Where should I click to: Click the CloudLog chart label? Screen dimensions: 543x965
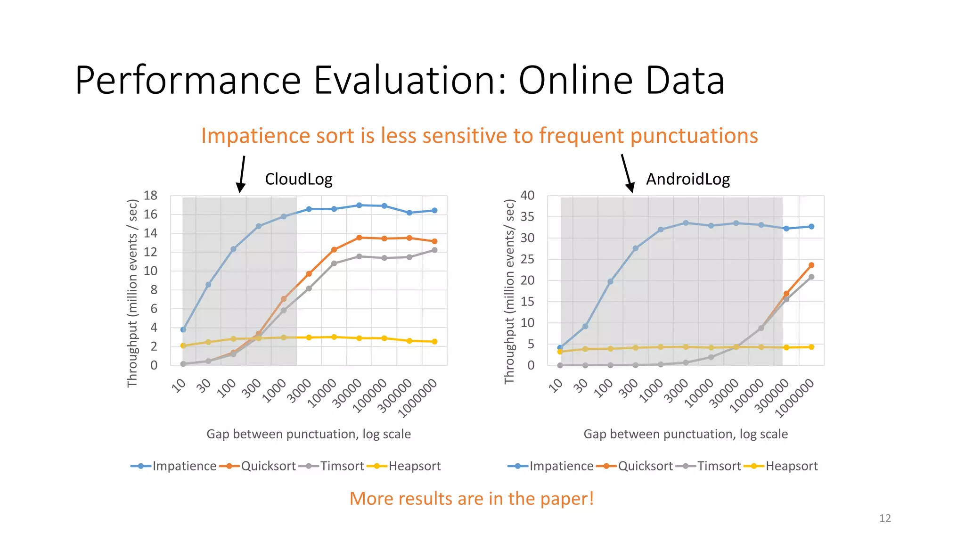(x=298, y=179)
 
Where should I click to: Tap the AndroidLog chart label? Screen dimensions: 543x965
(x=687, y=179)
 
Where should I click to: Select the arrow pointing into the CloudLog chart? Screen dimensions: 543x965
(x=242, y=174)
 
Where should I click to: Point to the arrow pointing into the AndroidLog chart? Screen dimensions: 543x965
(x=627, y=173)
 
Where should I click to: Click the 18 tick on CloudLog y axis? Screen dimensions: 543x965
(x=150, y=195)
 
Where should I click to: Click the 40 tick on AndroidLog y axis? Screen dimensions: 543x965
(x=527, y=195)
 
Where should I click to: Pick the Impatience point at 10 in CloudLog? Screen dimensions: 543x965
(x=183, y=329)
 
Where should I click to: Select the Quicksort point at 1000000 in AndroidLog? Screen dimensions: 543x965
(x=811, y=265)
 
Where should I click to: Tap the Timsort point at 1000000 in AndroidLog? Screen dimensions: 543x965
(x=811, y=277)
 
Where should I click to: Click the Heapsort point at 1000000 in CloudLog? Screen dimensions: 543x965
(x=434, y=341)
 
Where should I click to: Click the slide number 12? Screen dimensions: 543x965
(x=885, y=518)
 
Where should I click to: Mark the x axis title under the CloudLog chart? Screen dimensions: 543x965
(x=309, y=434)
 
